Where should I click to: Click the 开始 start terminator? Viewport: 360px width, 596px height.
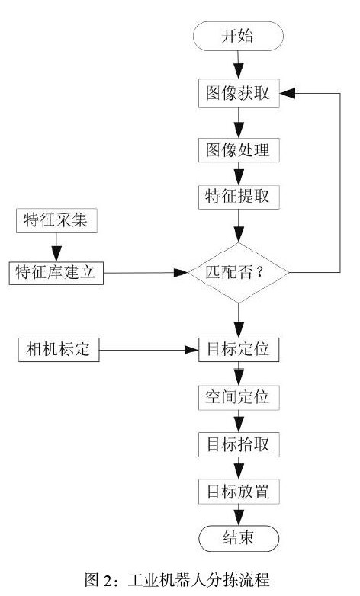click(x=238, y=36)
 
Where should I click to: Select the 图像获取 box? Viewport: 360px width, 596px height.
click(x=239, y=94)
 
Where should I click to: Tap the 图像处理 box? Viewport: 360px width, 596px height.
click(x=239, y=150)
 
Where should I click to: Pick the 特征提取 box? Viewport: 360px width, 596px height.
click(x=239, y=197)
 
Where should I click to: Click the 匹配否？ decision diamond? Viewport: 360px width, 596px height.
click(x=239, y=273)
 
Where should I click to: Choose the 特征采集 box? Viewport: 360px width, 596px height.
click(x=56, y=220)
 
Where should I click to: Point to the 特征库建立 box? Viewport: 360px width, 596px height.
click(x=56, y=273)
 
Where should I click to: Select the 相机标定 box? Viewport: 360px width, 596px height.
click(x=59, y=350)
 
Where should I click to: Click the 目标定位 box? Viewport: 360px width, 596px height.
click(x=239, y=350)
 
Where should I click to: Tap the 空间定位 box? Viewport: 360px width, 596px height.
click(x=239, y=398)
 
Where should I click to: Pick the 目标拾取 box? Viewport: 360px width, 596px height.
click(x=239, y=445)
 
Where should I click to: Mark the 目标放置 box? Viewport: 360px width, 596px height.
click(x=239, y=492)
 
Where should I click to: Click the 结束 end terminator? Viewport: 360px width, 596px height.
click(x=239, y=539)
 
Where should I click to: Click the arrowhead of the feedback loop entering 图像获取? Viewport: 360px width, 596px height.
click(x=288, y=94)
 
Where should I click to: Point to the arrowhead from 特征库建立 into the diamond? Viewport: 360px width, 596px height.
click(x=181, y=273)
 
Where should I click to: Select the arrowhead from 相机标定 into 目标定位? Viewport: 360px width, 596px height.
click(x=191, y=350)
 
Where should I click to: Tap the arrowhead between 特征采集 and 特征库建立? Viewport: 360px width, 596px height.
click(x=56, y=253)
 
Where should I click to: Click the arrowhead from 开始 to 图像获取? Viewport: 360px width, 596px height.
click(x=239, y=72)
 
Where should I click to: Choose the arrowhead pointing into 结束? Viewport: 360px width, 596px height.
click(x=239, y=518)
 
